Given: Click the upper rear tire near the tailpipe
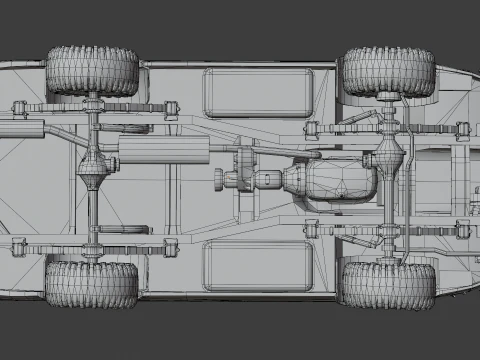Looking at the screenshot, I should coord(92,70).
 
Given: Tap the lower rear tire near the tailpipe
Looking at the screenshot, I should coord(92,285).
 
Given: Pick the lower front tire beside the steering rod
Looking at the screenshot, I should coord(388,284).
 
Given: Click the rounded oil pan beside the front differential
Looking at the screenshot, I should coord(340,180).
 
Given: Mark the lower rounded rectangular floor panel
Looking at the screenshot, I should coord(257,264).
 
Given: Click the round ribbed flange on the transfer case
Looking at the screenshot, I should coord(219,181).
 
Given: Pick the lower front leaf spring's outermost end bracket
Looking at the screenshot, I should coord(462,229).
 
